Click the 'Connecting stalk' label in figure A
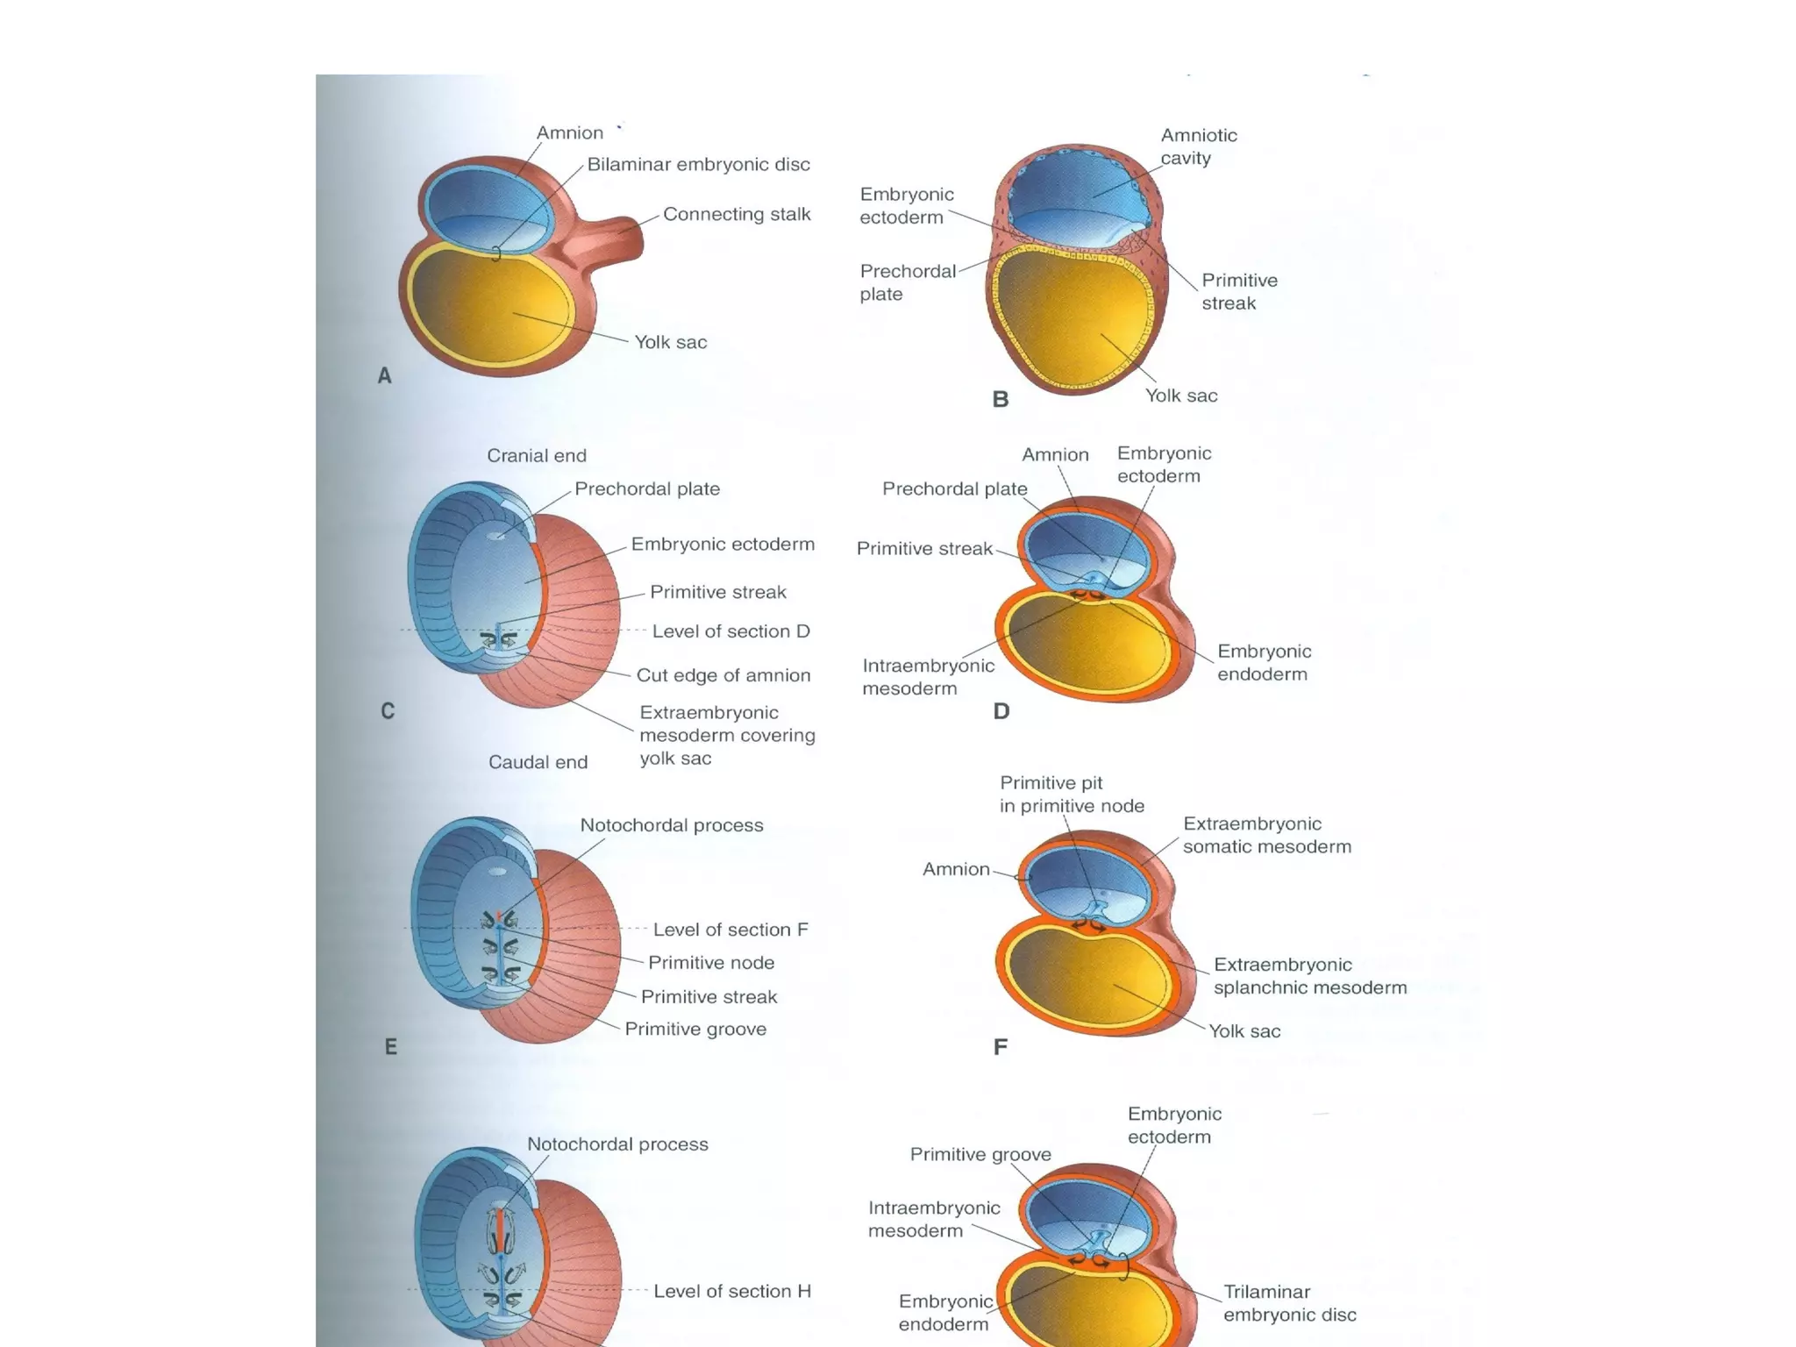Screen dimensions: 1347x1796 [x=736, y=214]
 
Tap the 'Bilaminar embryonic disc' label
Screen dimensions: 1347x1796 [x=698, y=164]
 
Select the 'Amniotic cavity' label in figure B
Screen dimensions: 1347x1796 [x=1198, y=146]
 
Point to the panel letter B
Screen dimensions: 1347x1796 [x=1001, y=399]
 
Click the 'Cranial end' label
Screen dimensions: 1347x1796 [x=537, y=455]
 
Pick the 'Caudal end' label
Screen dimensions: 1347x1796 [x=538, y=762]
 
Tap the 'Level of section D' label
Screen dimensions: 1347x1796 [x=731, y=631]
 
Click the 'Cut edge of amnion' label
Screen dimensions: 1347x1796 [x=723, y=675]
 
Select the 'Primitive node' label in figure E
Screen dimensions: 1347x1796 [x=711, y=962]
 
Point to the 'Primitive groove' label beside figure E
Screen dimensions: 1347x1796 [x=695, y=1029]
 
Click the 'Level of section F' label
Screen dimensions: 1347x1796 [x=731, y=930]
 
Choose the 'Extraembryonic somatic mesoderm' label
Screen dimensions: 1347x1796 [x=1266, y=835]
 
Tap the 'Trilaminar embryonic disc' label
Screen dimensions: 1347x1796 [x=1289, y=1303]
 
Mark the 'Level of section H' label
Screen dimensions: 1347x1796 [x=731, y=1291]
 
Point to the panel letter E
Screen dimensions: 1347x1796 [x=391, y=1046]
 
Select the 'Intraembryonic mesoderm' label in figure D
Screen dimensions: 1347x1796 [x=928, y=677]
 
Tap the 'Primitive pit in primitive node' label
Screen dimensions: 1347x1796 [x=1071, y=794]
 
